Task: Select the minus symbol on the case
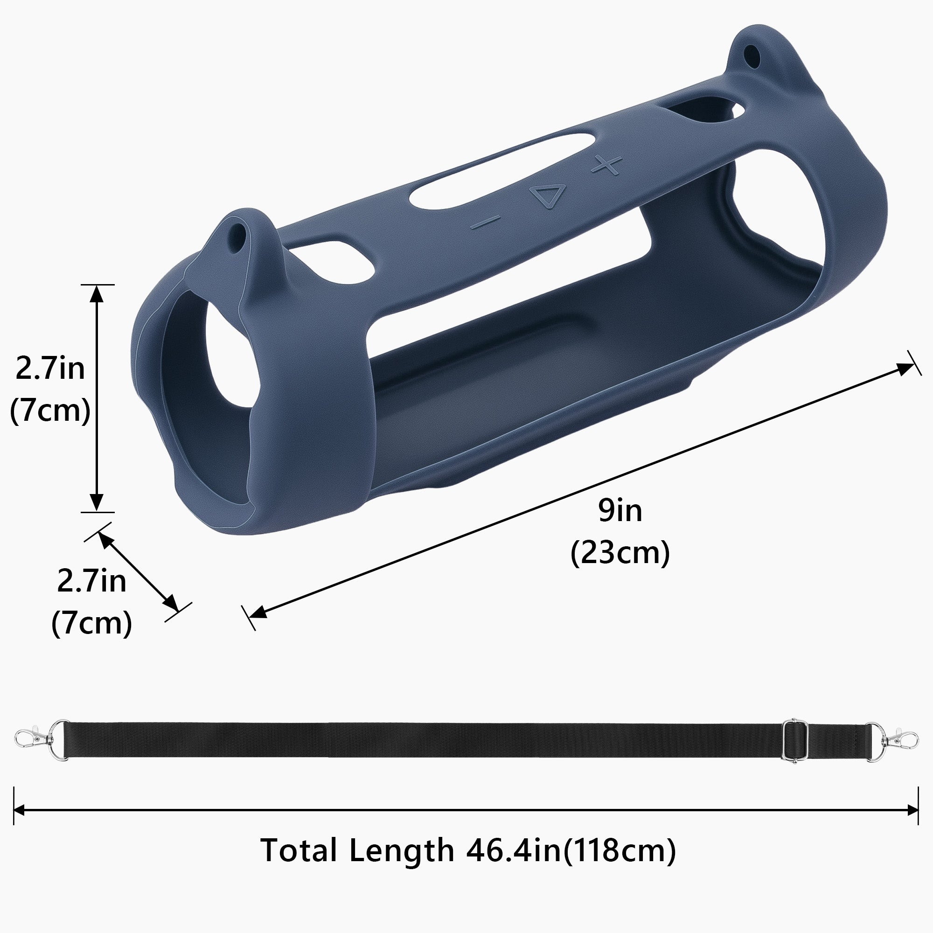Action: click(485, 223)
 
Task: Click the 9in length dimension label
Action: click(620, 511)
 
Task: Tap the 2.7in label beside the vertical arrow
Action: click(50, 369)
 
